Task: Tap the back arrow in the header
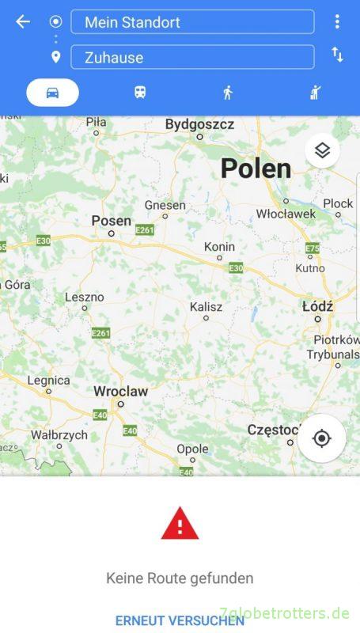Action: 23,22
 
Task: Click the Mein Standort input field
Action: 192,22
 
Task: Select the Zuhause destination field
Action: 192,57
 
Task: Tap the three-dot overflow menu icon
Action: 338,21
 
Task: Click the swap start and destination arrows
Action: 338,55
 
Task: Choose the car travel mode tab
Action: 52,93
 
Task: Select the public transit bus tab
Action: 140,93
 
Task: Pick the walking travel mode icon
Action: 228,93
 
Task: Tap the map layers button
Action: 322,150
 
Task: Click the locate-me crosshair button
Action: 321,438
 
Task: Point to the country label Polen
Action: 256,168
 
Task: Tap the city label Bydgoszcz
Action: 200,124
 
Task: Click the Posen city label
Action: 111,220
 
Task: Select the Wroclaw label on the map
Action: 120,391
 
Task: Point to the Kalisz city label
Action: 206,306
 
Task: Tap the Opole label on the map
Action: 192,449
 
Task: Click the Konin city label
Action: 219,247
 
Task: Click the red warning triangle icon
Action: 180,524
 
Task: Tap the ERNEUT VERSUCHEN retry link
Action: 180,620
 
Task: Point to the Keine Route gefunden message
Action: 180,578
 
